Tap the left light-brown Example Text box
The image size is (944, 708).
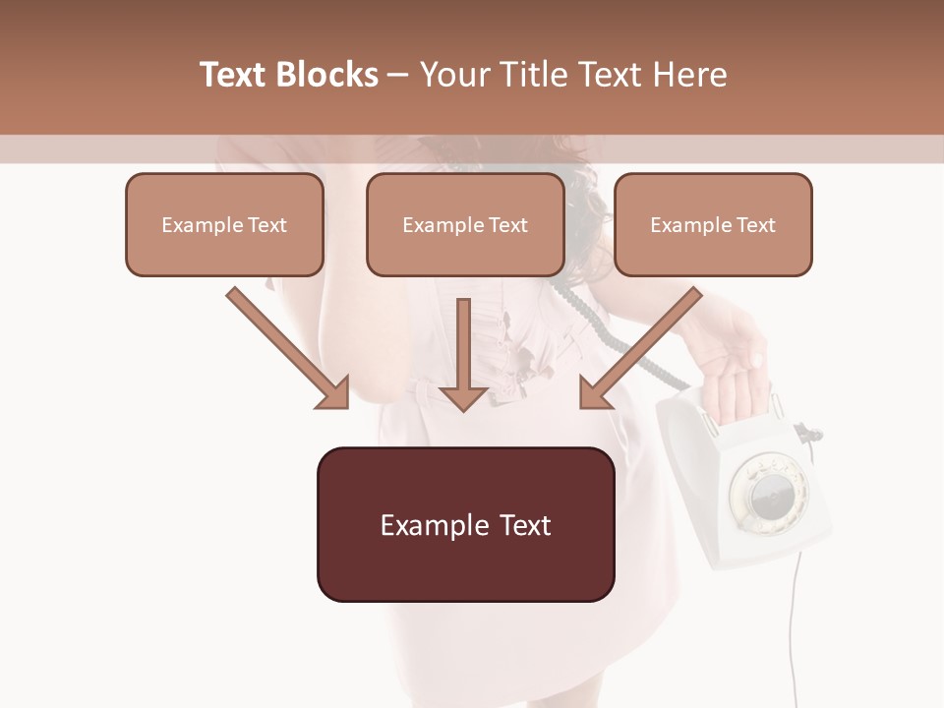tap(224, 225)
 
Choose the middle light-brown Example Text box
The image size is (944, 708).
tap(465, 225)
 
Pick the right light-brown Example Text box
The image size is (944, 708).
tap(713, 225)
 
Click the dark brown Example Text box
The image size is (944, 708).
tap(465, 525)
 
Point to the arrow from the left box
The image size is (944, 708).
tap(288, 349)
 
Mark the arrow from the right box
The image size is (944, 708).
tap(640, 349)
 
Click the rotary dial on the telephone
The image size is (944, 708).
tap(767, 491)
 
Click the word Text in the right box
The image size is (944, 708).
tap(755, 225)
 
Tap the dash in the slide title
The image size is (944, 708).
tap(398, 75)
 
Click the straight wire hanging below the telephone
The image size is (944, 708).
tap(792, 629)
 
